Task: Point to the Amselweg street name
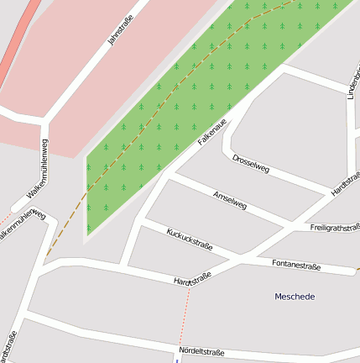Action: (230, 199)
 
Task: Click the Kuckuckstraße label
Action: (190, 239)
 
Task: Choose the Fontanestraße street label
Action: (297, 265)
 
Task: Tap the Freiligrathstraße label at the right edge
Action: (334, 228)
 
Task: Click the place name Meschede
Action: (295, 297)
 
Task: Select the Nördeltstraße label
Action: (201, 351)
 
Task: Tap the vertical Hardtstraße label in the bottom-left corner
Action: (10, 346)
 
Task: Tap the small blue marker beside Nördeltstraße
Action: (177, 359)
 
